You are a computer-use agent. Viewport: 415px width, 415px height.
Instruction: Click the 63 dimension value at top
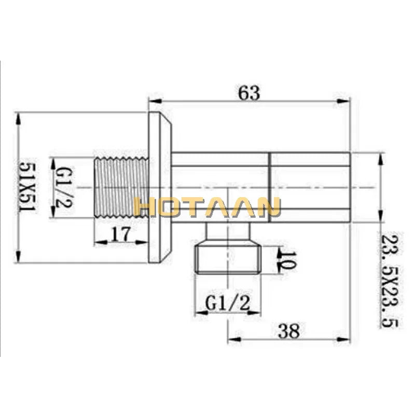(x=248, y=93)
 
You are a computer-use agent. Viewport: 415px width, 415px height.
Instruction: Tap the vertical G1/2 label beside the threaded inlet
(x=64, y=186)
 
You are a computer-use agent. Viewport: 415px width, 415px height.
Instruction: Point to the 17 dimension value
(x=120, y=234)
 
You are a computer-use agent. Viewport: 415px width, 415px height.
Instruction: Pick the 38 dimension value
(x=288, y=330)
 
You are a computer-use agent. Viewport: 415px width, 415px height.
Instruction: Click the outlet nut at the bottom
(x=228, y=257)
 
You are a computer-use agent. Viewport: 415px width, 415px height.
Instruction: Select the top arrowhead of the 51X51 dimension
(x=19, y=117)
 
